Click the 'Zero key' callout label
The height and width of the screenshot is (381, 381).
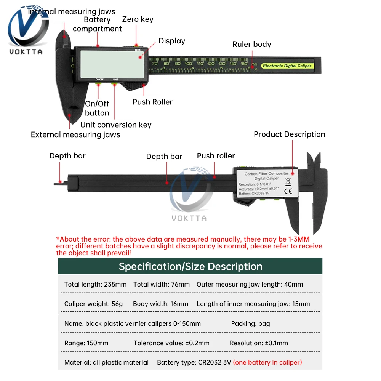[138, 19]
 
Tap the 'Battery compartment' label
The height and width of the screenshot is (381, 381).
[97, 24]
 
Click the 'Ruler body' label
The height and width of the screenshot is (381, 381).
[252, 44]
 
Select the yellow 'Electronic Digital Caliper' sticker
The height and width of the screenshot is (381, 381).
[287, 66]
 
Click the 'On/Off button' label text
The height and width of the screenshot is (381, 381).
[97, 108]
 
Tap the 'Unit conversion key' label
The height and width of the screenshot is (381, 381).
[116, 125]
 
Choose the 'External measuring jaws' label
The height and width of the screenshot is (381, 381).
[75, 134]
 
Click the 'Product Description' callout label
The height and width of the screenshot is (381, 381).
[290, 134]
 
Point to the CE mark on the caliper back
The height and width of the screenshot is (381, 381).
[288, 191]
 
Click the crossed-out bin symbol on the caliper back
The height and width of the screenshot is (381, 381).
[288, 181]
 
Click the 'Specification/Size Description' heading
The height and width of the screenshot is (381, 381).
[190, 266]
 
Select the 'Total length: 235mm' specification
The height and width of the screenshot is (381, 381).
[95, 284]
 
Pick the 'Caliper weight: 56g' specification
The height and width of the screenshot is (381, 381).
[94, 304]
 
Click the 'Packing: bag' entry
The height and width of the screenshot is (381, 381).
[250, 323]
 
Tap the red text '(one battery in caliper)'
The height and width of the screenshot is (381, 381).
[267, 362]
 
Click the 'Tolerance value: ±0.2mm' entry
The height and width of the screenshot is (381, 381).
[171, 343]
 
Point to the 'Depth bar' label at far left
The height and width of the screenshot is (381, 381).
[67, 155]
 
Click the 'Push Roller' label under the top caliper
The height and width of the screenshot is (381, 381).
[152, 102]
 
